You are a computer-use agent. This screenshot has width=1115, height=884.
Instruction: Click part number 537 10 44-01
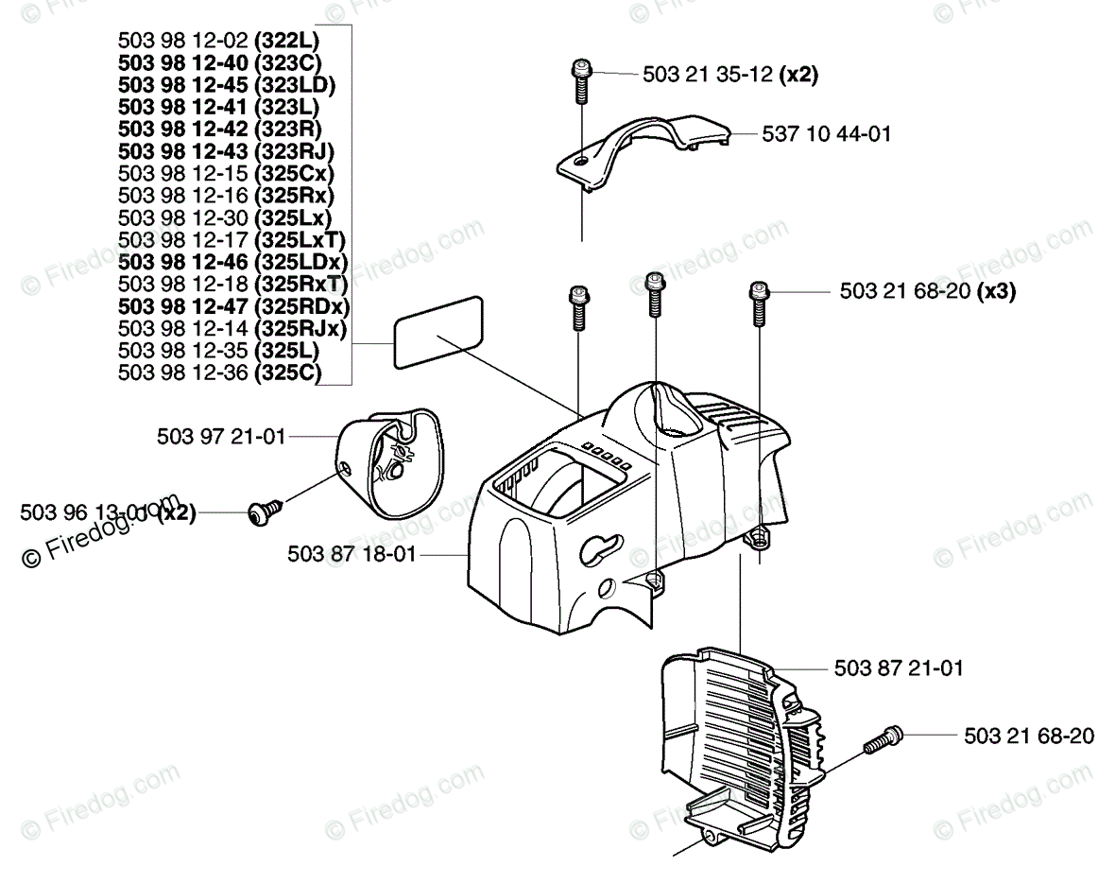coord(826,135)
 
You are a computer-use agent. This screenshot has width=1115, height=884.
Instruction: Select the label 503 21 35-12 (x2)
coord(729,75)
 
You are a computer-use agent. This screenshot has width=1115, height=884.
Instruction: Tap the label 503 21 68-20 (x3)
coord(928,293)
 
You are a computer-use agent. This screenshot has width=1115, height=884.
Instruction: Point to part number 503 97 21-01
coord(221,438)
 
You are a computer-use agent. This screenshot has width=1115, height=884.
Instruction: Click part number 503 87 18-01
coord(352,556)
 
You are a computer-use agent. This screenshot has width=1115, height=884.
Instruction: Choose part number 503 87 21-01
coord(899,669)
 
